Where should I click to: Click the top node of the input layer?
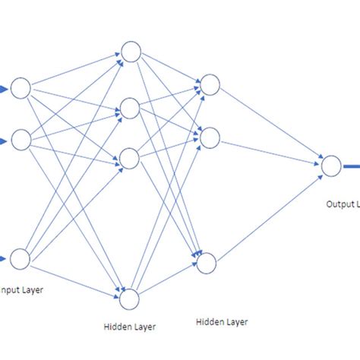(x=21, y=88)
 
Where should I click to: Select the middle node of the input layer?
(x=21, y=140)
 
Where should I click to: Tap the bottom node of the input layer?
(x=21, y=259)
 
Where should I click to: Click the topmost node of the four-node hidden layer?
(x=130, y=52)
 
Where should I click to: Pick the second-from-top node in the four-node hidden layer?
(x=130, y=109)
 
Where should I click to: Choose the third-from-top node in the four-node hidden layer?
(x=130, y=159)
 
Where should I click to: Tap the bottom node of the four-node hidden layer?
(x=130, y=298)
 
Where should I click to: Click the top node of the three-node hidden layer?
(x=209, y=85)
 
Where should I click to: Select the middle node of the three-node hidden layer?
(x=209, y=137)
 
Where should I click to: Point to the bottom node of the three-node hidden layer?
(x=207, y=263)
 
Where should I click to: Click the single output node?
(x=331, y=165)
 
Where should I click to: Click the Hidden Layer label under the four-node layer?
(x=128, y=328)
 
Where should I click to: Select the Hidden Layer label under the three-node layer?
(x=221, y=322)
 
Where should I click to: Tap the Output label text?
(x=343, y=204)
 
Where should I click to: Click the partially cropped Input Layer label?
(x=17, y=289)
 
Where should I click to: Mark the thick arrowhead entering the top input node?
(x=5, y=89)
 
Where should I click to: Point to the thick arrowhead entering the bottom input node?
(x=5, y=259)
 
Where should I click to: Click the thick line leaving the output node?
(x=351, y=165)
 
